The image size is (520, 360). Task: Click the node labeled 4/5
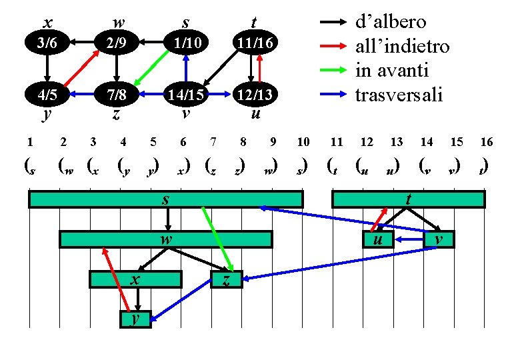47,94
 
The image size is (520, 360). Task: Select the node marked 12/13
253,94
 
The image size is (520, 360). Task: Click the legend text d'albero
390,22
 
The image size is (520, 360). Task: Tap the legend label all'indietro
402,46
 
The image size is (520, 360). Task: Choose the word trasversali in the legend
398,94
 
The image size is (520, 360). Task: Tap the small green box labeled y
136,320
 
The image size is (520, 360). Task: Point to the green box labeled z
227,279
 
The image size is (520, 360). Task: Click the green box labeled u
378,239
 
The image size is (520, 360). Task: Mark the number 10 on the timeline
303,141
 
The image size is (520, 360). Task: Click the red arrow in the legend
334,46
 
